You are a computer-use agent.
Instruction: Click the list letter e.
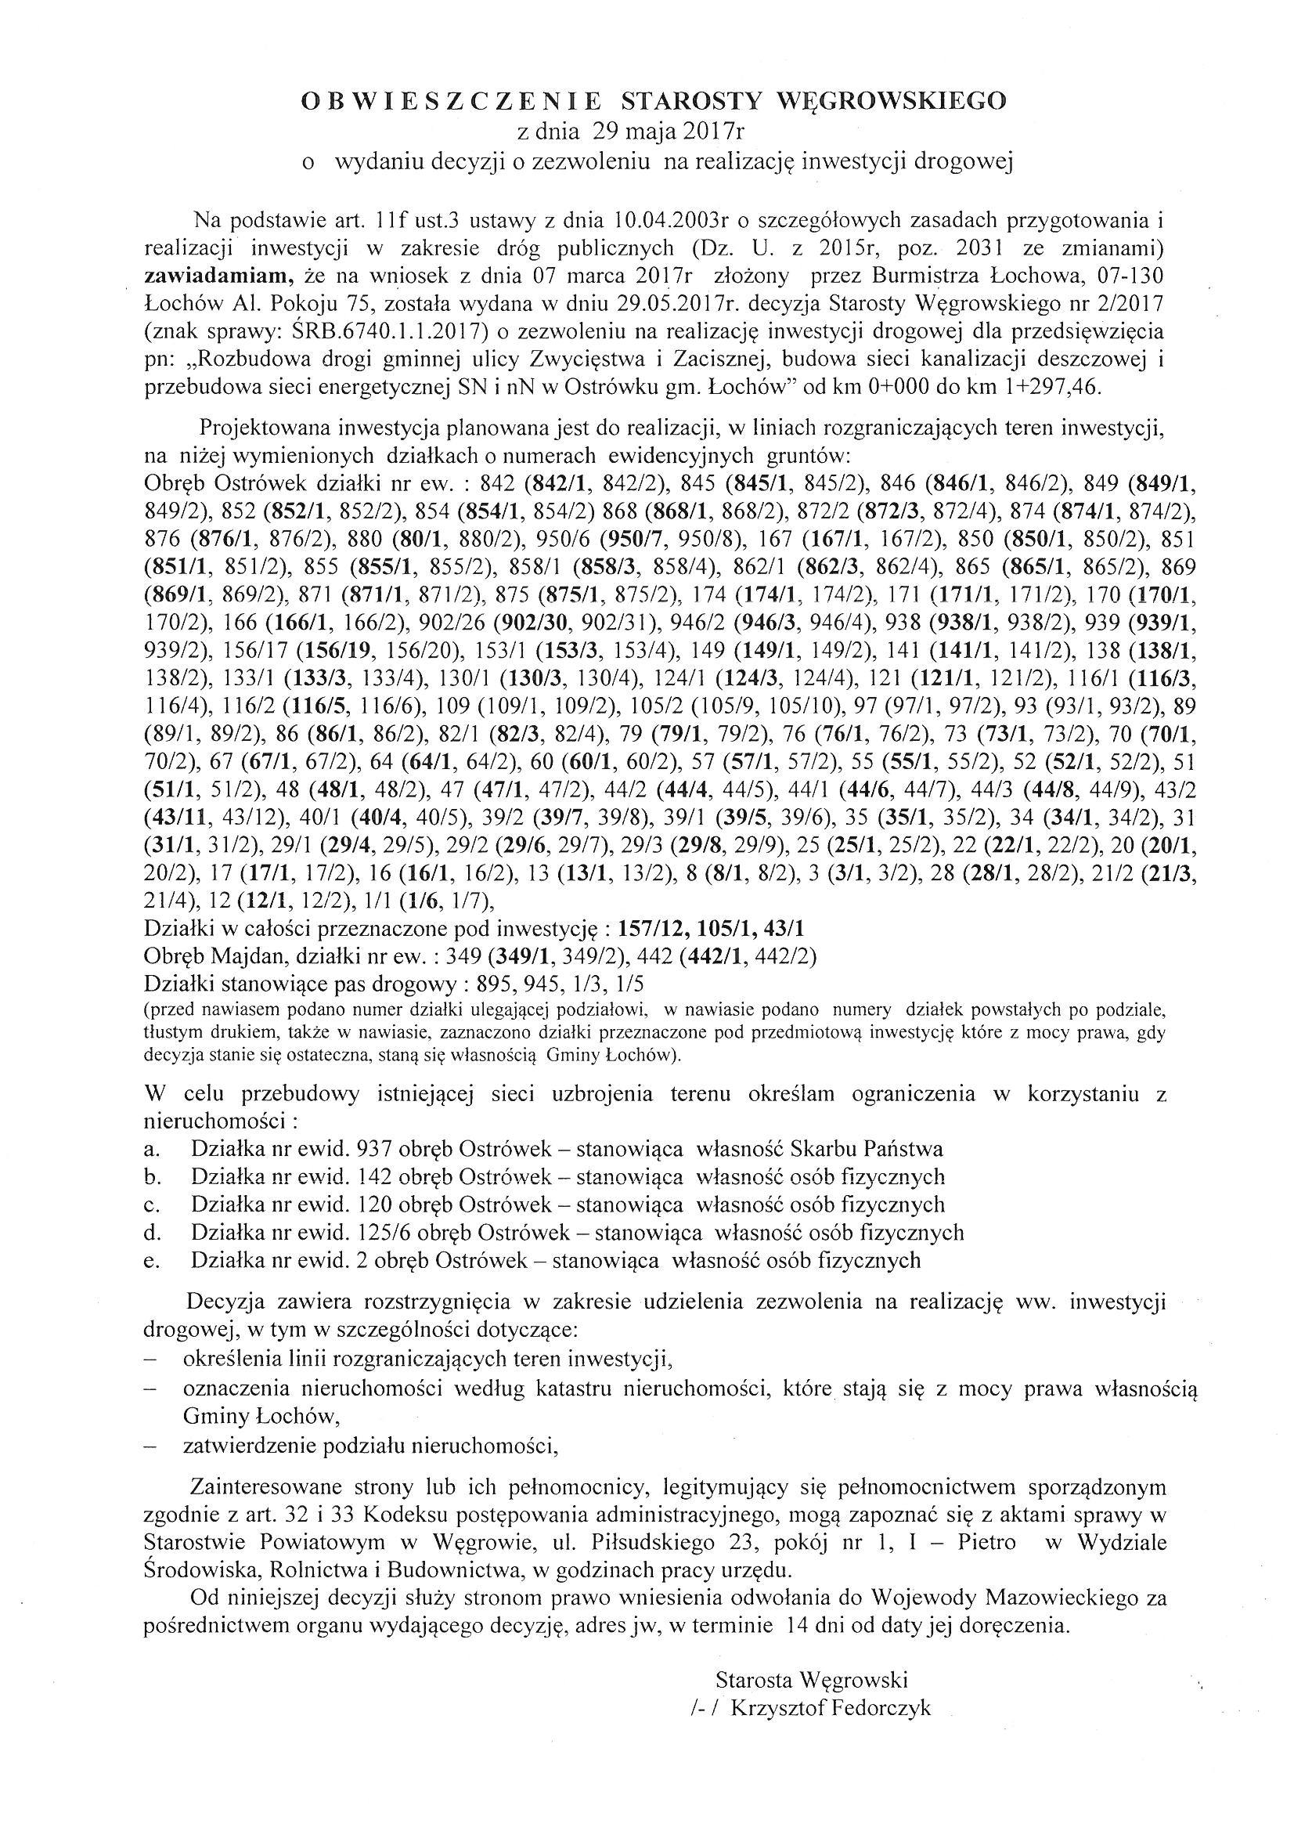coord(152,1262)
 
